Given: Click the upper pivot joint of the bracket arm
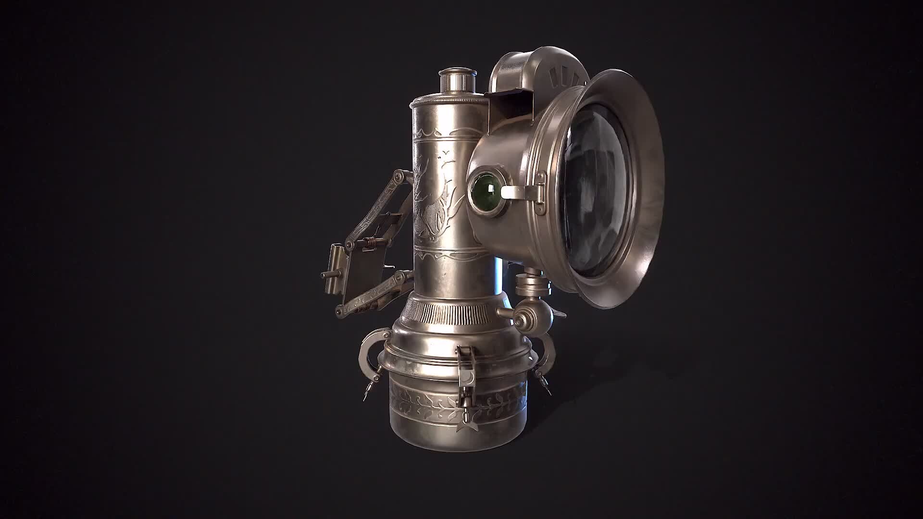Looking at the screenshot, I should [399, 178].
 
